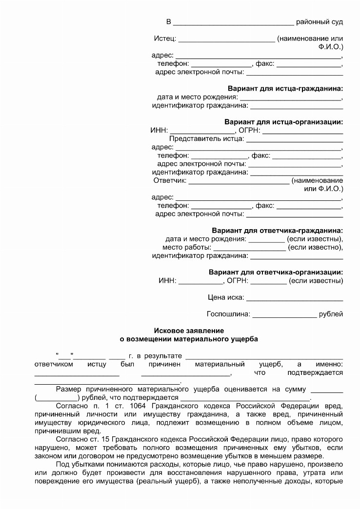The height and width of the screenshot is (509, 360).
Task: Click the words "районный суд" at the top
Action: [320, 22]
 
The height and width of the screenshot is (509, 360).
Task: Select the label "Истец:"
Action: [165, 39]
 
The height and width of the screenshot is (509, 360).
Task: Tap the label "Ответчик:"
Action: [170, 180]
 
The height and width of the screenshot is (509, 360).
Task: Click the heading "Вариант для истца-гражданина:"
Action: [285, 88]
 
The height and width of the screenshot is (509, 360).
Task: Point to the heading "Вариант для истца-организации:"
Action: [283, 122]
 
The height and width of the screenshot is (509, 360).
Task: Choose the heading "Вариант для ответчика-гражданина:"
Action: [277, 230]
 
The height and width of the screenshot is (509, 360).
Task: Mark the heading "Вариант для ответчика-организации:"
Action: [276, 272]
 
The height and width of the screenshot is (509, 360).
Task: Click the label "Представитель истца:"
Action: [206, 139]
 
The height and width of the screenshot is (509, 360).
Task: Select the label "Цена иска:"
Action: [225, 297]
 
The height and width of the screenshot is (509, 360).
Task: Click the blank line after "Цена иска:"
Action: [295, 298]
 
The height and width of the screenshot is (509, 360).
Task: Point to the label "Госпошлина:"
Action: [228, 314]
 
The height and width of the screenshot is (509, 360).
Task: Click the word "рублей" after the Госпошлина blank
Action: [331, 314]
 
